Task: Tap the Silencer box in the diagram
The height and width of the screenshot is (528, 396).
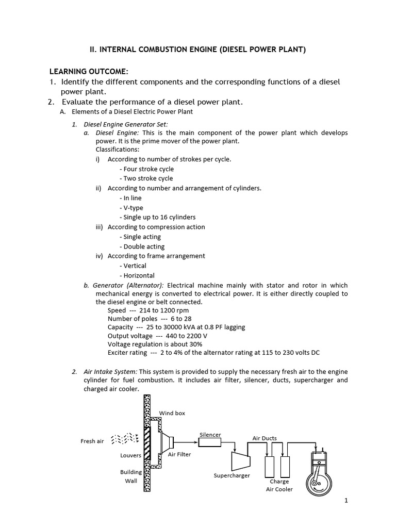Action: click(210, 442)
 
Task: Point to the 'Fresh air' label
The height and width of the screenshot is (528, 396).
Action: click(92, 441)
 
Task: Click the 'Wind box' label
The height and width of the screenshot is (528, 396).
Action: click(172, 413)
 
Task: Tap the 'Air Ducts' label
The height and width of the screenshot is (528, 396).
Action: click(265, 438)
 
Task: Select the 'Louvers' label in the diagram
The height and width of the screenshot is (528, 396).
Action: click(130, 455)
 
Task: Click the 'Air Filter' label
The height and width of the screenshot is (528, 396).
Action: click(179, 455)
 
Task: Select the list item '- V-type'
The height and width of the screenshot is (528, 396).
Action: click(131, 207)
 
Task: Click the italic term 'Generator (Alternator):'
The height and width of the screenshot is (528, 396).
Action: click(128, 285)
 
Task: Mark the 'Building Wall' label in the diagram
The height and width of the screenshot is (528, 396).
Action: click(131, 476)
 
